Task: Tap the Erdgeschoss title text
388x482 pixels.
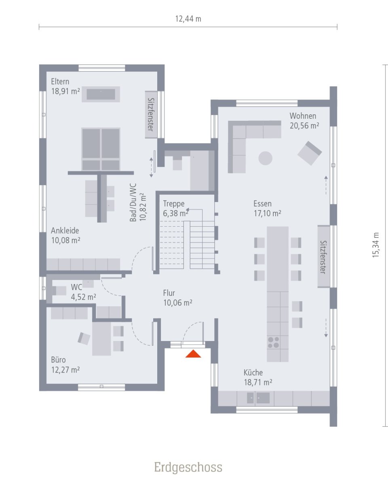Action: pyautogui.click(x=188, y=467)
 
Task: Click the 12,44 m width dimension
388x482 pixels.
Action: pyautogui.click(x=188, y=19)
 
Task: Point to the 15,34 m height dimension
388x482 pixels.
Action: pyautogui.click(x=376, y=245)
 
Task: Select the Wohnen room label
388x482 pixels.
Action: pyautogui.click(x=303, y=116)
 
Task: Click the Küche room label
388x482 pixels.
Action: pyautogui.click(x=253, y=373)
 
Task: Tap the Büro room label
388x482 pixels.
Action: pyautogui.click(x=58, y=360)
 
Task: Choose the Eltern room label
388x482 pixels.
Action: pyautogui.click(x=60, y=82)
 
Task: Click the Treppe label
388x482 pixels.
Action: pyautogui.click(x=173, y=204)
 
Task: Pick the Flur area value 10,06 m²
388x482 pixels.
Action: pyautogui.click(x=177, y=302)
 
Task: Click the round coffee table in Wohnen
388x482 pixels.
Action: pyautogui.click(x=265, y=158)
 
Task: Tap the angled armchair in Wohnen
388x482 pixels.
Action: pyautogui.click(x=310, y=153)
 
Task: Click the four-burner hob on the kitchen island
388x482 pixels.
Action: pyautogui.click(x=274, y=343)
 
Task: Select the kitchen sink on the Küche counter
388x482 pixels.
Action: pyautogui.click(x=258, y=398)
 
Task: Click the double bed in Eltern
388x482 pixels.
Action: pyautogui.click(x=101, y=149)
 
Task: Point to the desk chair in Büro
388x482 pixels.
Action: pyautogui.click(x=84, y=338)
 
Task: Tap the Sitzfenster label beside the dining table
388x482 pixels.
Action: pyautogui.click(x=323, y=257)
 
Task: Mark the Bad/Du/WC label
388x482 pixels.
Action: pyautogui.click(x=133, y=202)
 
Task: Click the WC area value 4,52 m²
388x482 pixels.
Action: pyautogui.click(x=84, y=297)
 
